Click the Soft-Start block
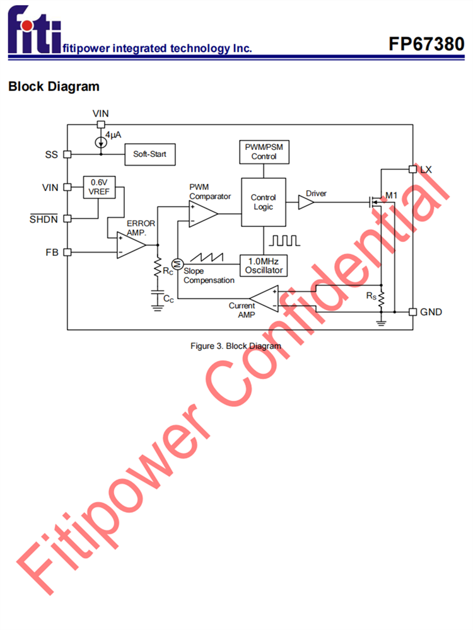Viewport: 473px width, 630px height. point(149,154)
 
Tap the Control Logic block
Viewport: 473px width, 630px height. point(264,202)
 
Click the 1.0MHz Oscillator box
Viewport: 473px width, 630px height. point(264,265)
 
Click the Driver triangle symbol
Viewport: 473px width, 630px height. point(305,202)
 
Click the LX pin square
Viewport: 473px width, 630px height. point(412,169)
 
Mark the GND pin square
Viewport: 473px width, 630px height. point(412,312)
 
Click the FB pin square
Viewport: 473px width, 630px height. point(67,252)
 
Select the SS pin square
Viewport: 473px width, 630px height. point(67,154)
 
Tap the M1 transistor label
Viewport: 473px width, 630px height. point(392,195)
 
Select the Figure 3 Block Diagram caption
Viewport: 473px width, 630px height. point(236,346)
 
